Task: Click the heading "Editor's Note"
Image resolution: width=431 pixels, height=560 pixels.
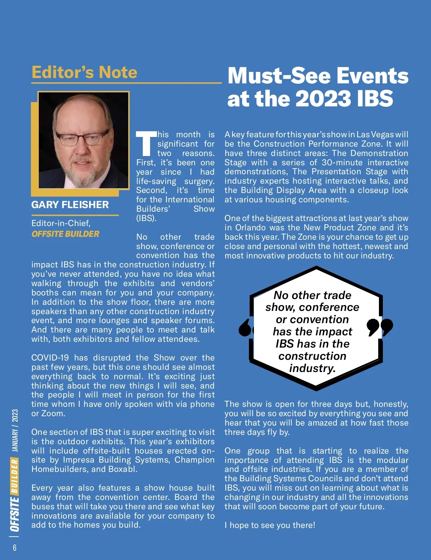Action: coord(84,72)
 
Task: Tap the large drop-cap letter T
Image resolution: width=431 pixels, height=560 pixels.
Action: coord(146,144)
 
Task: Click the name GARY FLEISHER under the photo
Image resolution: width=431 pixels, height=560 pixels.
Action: coord(70,205)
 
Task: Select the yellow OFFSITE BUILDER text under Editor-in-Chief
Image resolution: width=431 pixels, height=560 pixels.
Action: coord(65,234)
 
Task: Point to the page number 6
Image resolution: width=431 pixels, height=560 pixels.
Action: coord(15,547)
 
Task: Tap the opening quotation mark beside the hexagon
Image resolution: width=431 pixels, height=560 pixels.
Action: coord(246,327)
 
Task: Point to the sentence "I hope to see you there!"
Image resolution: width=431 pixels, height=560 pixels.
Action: coord(270,525)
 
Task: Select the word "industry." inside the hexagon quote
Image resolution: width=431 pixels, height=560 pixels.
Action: coord(312,368)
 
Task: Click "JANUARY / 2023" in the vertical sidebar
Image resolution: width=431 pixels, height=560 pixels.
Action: coord(15,430)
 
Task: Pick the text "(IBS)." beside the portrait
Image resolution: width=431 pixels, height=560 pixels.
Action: coord(146,218)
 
